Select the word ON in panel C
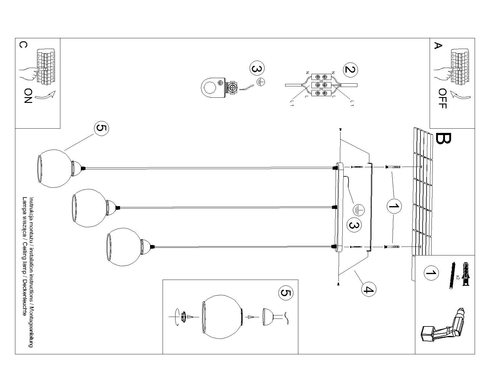(28, 96)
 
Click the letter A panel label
(438, 46)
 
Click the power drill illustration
(443, 328)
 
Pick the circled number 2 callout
(350, 69)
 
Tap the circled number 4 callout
(368, 289)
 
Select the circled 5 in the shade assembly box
(285, 293)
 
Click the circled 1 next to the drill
(431, 273)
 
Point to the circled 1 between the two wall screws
(394, 206)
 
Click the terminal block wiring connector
(321, 85)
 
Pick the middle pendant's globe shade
(89, 208)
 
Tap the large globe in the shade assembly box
(222, 317)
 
